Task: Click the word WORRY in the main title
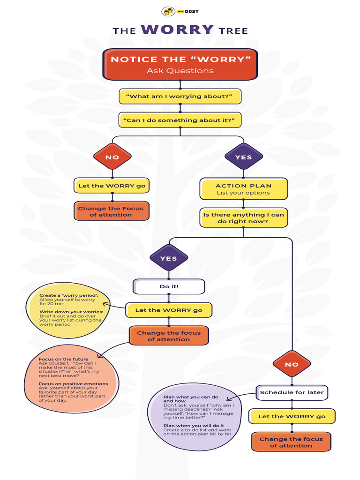(x=177, y=30)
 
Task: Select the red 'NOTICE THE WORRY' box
(x=180, y=64)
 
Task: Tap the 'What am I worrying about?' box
(x=180, y=96)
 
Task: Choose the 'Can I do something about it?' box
(x=180, y=120)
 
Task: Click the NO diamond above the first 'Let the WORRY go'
(x=112, y=157)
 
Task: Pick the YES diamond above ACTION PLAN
(x=243, y=157)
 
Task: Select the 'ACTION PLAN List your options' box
(x=243, y=189)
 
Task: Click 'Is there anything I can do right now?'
(x=243, y=218)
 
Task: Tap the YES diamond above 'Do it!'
(x=168, y=258)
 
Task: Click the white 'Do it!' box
(x=169, y=286)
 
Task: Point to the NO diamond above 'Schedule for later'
(x=292, y=364)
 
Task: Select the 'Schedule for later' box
(x=292, y=392)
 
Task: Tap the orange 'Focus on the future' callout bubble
(x=70, y=380)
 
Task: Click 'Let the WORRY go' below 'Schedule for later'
(x=292, y=416)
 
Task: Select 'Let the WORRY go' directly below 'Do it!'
(x=169, y=310)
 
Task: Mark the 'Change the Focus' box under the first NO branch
(x=111, y=211)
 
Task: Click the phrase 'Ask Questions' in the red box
(x=180, y=71)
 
